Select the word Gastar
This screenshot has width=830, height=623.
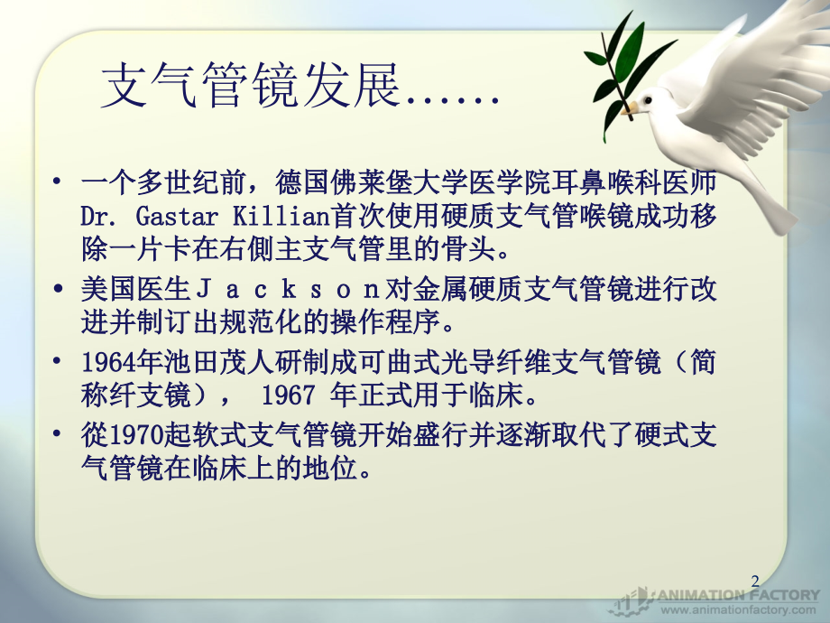(180, 216)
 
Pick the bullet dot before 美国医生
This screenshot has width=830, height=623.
(60, 290)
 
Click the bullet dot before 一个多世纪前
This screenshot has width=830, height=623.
(60, 183)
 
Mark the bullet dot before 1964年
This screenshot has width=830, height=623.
(60, 363)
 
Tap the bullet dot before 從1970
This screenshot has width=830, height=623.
(60, 435)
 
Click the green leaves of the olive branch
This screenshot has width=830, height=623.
(622, 54)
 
